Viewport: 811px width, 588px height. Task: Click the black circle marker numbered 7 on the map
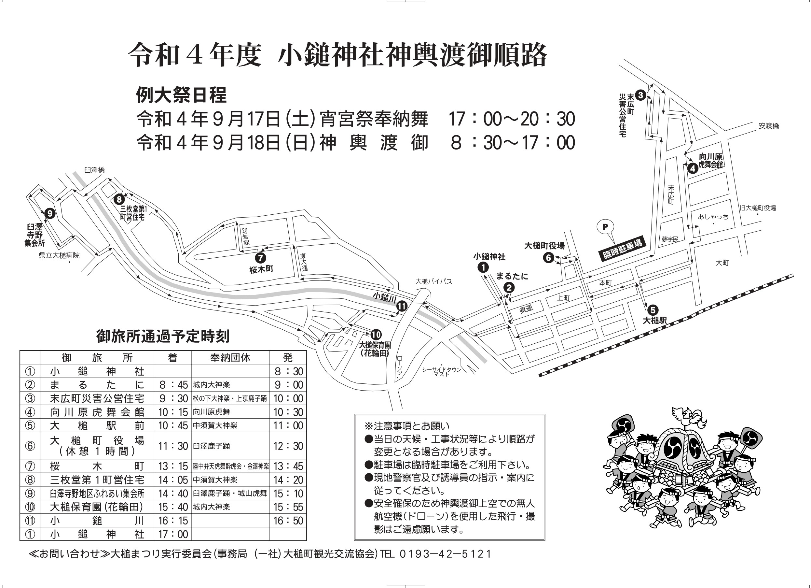pos(260,258)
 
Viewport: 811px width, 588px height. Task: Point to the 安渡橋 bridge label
pos(768,126)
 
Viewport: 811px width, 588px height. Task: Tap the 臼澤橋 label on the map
pos(95,170)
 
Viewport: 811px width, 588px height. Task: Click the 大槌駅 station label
pos(655,320)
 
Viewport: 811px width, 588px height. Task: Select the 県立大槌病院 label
pos(59,255)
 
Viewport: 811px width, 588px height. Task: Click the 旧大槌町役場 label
pos(758,208)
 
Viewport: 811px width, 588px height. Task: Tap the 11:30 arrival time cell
pos(173,446)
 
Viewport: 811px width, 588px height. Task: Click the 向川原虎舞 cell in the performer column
pos(211,412)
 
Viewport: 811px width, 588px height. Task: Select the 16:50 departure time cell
pos(288,521)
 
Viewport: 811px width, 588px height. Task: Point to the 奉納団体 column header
pos(230,358)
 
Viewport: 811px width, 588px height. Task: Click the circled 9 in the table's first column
pos(30,494)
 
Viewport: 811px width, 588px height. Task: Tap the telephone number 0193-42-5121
pos(445,554)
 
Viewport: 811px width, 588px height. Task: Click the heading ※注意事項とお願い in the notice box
pos(406,426)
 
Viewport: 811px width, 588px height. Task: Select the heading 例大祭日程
pos(181,95)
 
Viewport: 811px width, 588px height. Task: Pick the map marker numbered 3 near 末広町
pos(640,95)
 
